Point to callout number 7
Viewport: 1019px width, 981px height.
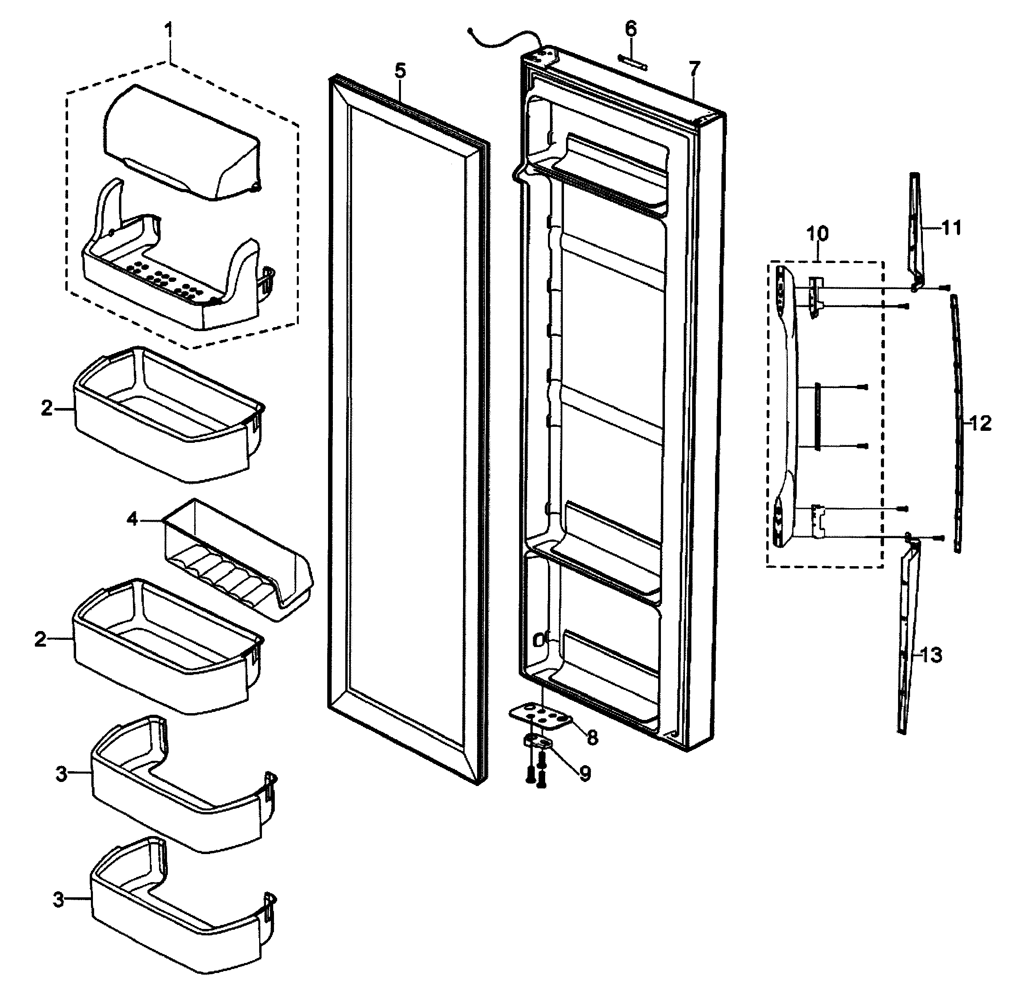pyautogui.click(x=695, y=68)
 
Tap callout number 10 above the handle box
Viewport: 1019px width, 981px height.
pyautogui.click(x=817, y=233)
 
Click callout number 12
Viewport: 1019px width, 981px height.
pyautogui.click(x=980, y=424)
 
